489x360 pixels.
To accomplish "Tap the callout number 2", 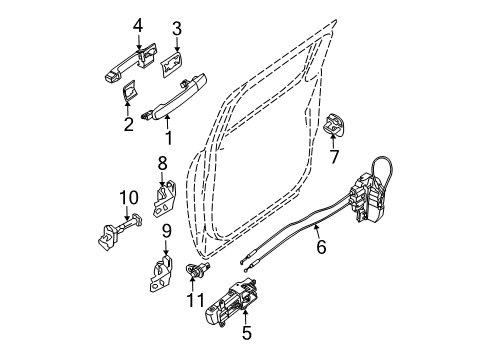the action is pyautogui.click(x=128, y=125).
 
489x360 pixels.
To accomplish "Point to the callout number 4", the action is pyautogui.click(x=139, y=24).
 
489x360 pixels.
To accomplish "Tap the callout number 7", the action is pyautogui.click(x=335, y=157).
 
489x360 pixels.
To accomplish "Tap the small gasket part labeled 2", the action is pyautogui.click(x=131, y=95).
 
